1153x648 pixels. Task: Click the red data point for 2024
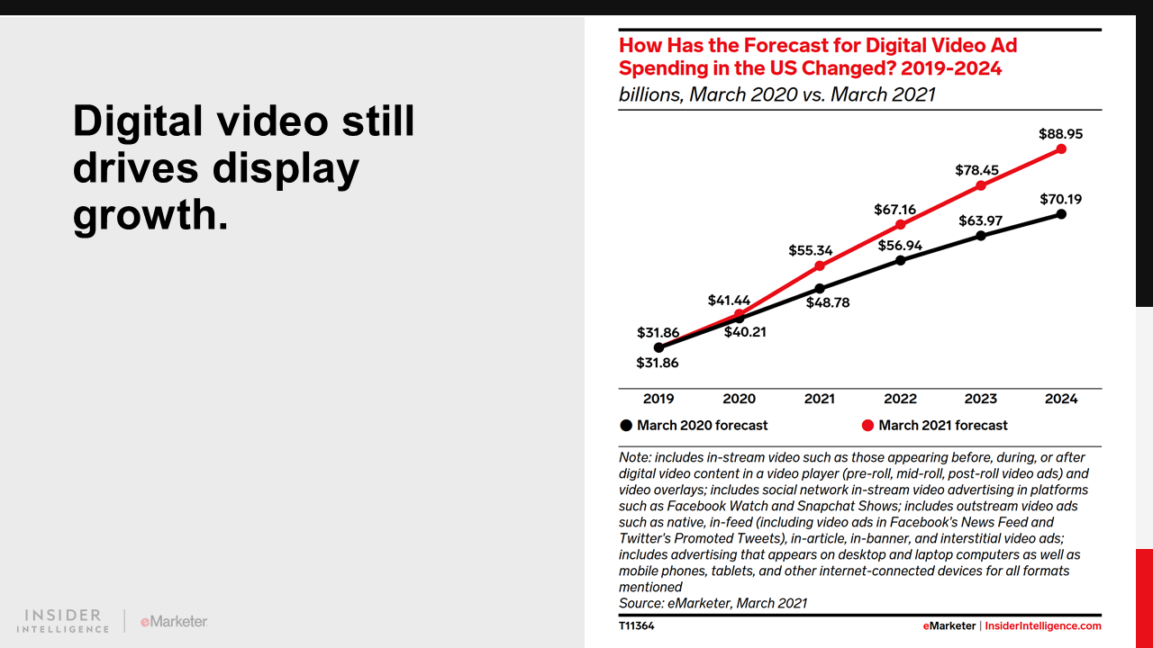(x=1061, y=148)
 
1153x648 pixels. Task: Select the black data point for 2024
(x=1061, y=214)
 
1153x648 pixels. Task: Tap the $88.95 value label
(x=1060, y=133)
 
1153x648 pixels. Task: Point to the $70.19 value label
(x=1060, y=199)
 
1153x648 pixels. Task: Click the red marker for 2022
(x=900, y=224)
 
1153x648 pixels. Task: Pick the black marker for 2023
(x=981, y=236)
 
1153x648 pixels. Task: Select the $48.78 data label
(x=828, y=303)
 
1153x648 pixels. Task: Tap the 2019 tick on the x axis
(x=658, y=399)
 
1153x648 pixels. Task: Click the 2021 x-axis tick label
(x=820, y=399)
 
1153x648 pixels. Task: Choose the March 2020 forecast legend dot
(x=626, y=426)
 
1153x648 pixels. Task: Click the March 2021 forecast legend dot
(x=867, y=426)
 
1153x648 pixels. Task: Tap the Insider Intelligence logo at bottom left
(x=63, y=621)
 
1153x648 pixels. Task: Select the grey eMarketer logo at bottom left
(x=174, y=621)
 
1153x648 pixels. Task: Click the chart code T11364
(x=637, y=625)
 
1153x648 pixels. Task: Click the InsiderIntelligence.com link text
(x=1042, y=625)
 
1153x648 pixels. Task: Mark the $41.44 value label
(x=730, y=300)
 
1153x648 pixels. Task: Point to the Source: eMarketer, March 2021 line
(x=713, y=603)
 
